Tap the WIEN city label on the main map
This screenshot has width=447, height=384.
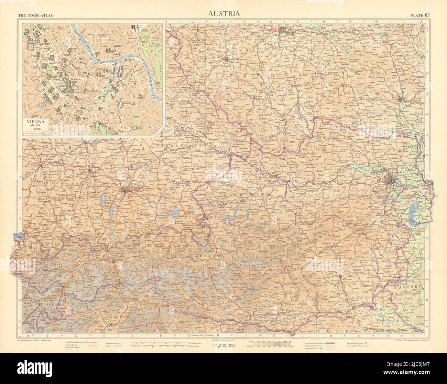[382, 177]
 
